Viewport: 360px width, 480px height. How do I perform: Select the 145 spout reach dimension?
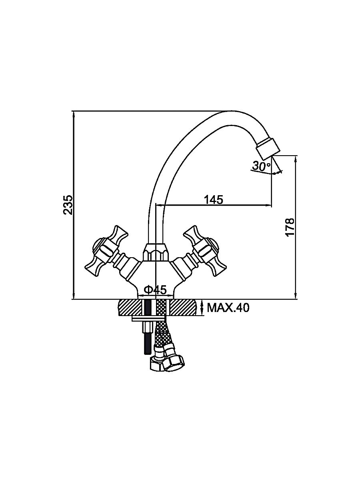[x=214, y=199]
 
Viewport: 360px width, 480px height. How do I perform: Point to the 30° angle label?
[x=261, y=166]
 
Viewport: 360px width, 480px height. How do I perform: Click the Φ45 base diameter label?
[x=156, y=290]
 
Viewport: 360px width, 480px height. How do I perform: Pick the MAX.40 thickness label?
[x=228, y=308]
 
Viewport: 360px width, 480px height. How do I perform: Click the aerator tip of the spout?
[x=268, y=148]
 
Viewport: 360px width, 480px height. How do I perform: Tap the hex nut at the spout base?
[x=156, y=252]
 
